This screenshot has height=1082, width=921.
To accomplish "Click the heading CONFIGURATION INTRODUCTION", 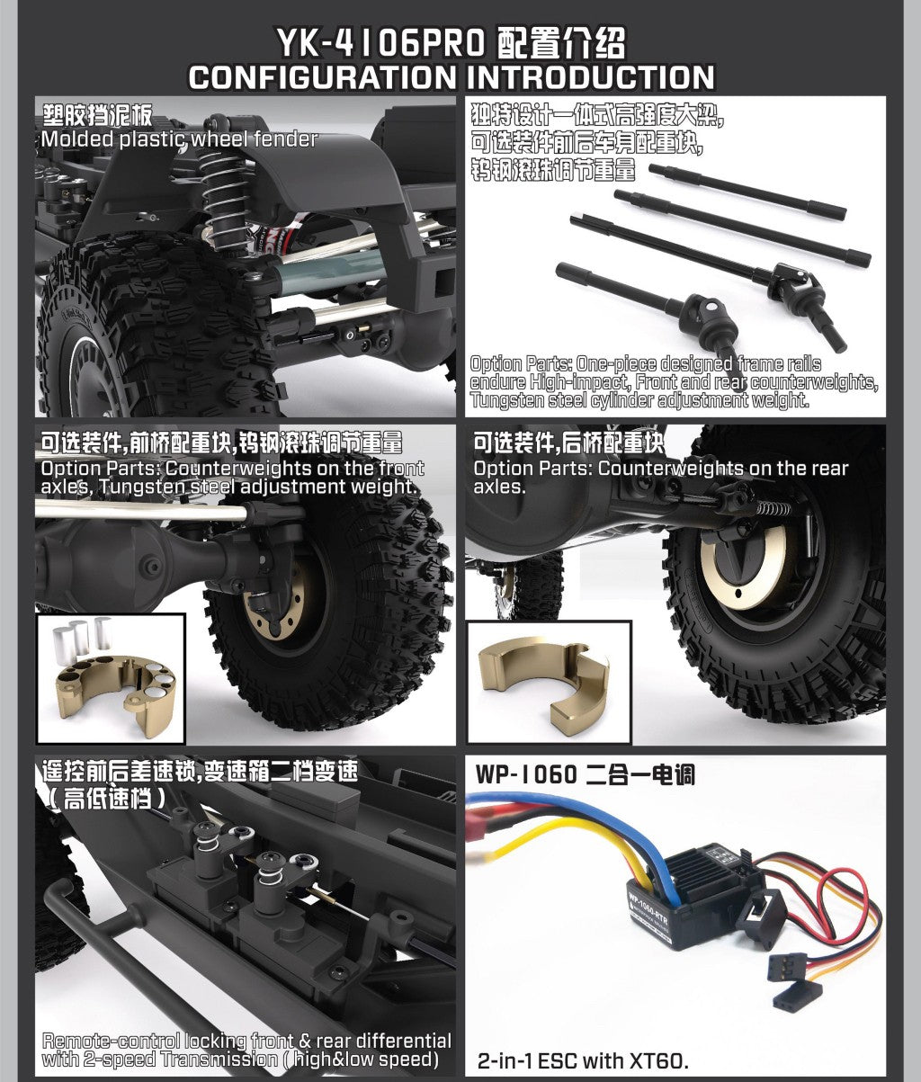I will click(x=452, y=77).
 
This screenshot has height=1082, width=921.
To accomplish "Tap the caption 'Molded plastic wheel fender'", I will click(x=179, y=139).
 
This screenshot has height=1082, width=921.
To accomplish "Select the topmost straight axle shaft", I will click(x=747, y=192).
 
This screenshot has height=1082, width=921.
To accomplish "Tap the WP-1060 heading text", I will click(x=525, y=774).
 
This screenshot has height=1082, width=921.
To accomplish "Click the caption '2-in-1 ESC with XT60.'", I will click(x=583, y=1060).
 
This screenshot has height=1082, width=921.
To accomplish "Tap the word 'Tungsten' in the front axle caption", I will click(x=138, y=487).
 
